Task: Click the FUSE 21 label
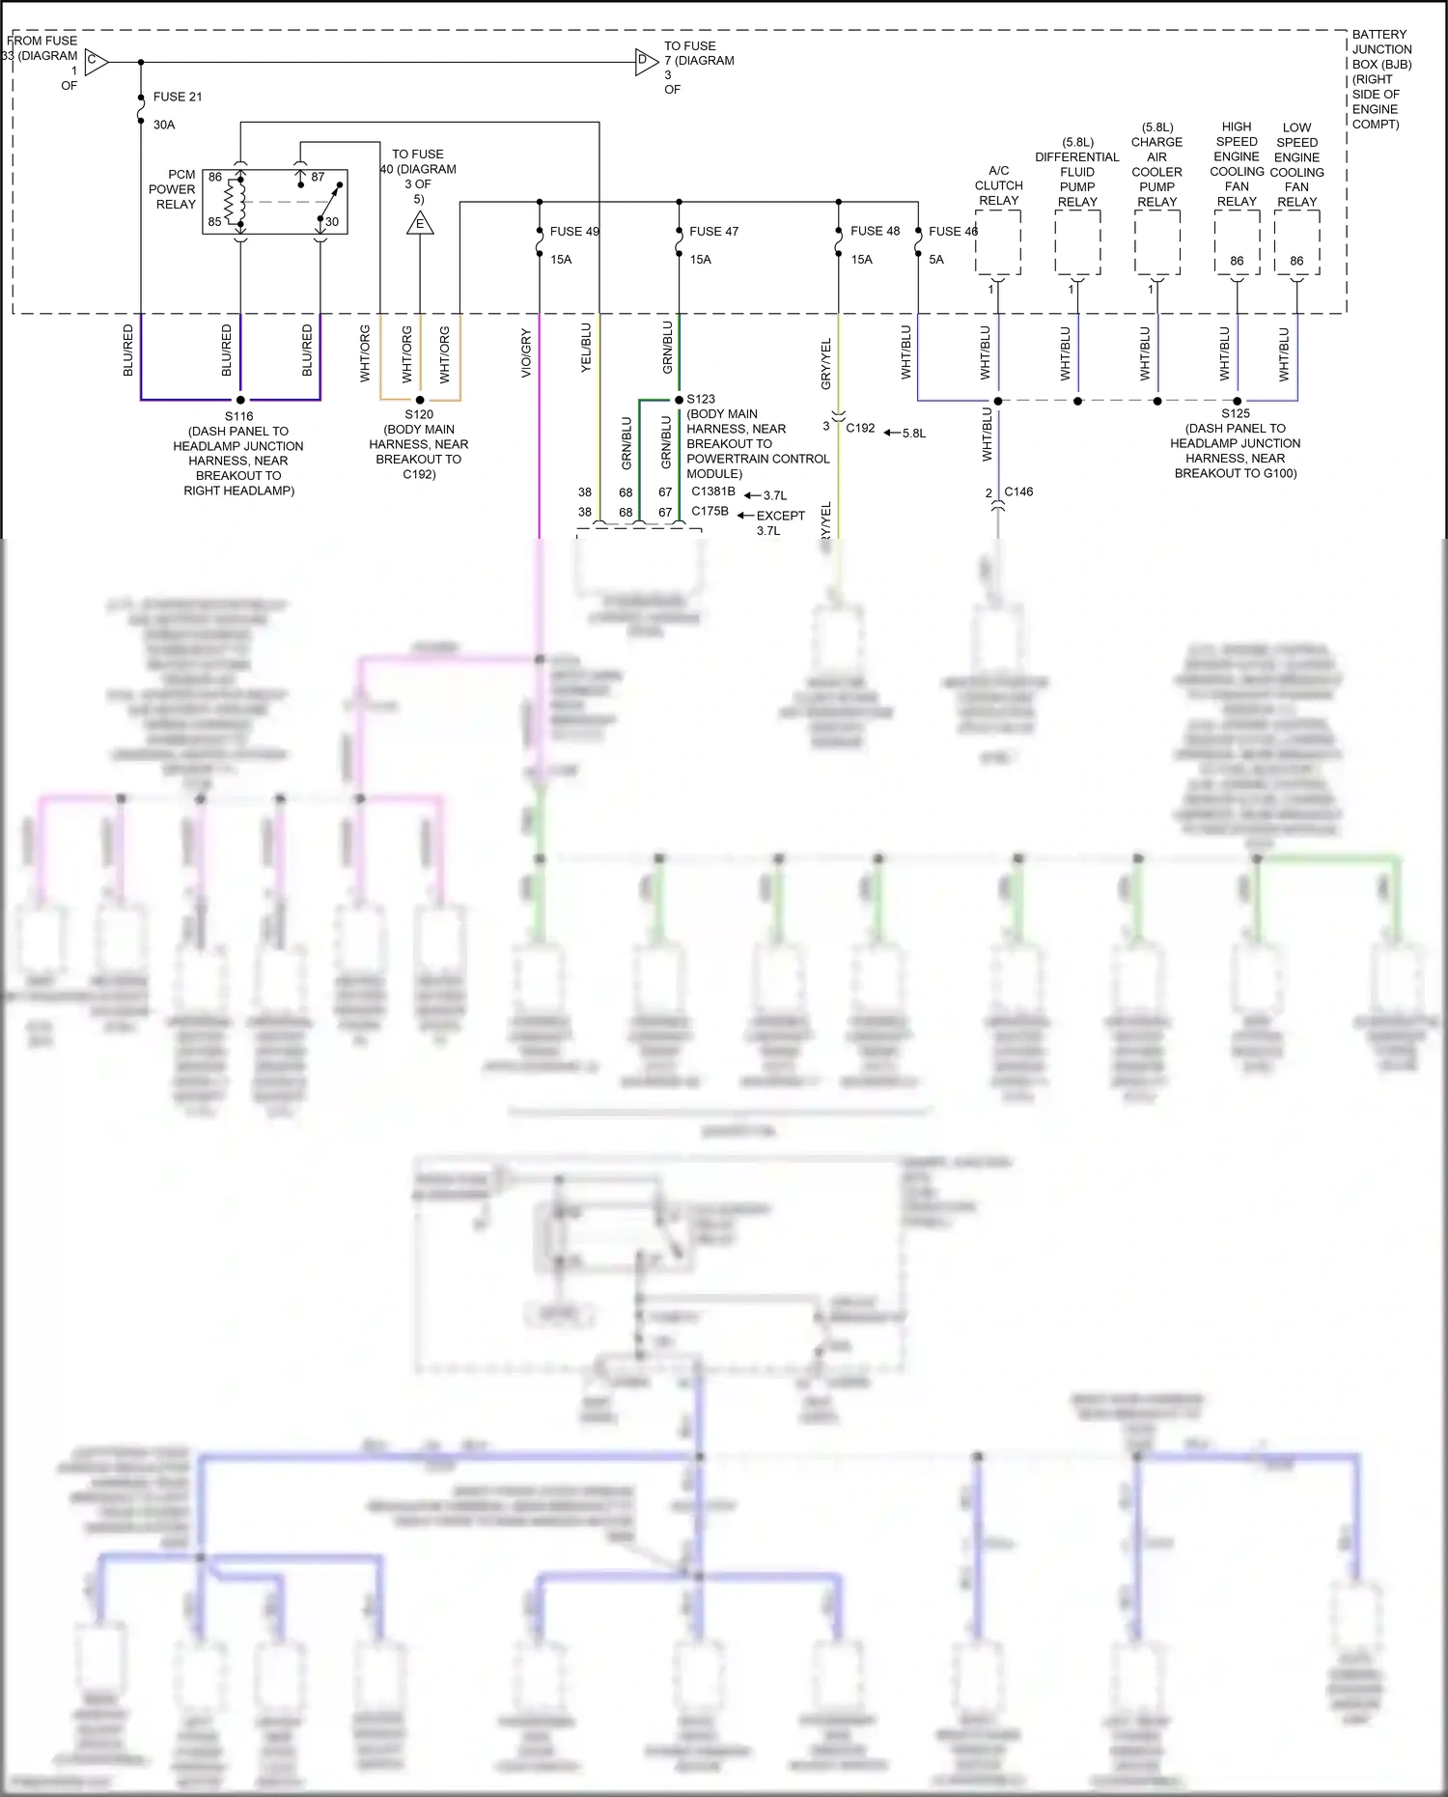(x=178, y=97)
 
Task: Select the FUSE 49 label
(x=574, y=232)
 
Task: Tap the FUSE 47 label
(x=713, y=232)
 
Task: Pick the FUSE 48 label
(x=875, y=232)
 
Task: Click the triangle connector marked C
(x=96, y=63)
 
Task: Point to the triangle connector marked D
(x=646, y=63)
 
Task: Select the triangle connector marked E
(x=420, y=224)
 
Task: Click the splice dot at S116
(x=240, y=400)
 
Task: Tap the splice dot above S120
(x=420, y=400)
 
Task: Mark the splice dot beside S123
(x=680, y=400)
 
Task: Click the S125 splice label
(x=1236, y=413)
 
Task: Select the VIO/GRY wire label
(x=526, y=353)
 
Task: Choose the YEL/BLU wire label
(x=586, y=348)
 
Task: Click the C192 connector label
(x=860, y=428)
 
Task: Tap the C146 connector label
(x=1018, y=491)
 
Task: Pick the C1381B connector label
(x=712, y=491)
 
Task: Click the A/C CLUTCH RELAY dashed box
(x=998, y=242)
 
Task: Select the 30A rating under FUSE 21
(x=164, y=125)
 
